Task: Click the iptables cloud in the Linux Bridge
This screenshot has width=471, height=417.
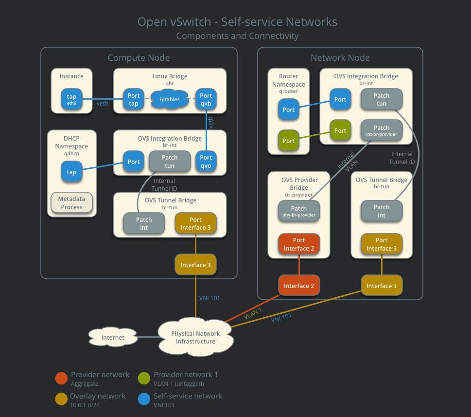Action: pyautogui.click(x=170, y=99)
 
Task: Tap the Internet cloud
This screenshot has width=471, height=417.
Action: pyautogui.click(x=113, y=337)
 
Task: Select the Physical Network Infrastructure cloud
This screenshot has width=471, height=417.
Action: pyautogui.click(x=195, y=337)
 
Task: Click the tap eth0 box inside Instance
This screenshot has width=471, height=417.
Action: pyautogui.click(x=71, y=99)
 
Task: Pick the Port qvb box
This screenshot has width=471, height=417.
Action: pyautogui.click(x=206, y=99)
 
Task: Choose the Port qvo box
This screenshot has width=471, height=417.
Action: pyautogui.click(x=206, y=161)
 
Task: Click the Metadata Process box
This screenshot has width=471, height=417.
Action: pyautogui.click(x=71, y=203)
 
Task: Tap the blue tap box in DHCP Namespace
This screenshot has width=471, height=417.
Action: pyautogui.click(x=71, y=172)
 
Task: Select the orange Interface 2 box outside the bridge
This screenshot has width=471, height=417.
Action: pyautogui.click(x=299, y=286)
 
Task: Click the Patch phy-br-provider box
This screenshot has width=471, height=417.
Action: pyautogui.click(x=299, y=211)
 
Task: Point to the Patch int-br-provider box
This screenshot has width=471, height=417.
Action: pyautogui.click(x=382, y=130)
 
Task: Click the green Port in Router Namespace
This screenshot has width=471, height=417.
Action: pyautogui.click(x=289, y=141)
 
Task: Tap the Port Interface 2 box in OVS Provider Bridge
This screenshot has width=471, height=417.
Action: pyautogui.click(x=299, y=244)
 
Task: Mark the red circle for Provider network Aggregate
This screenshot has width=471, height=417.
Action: pyautogui.click(x=62, y=378)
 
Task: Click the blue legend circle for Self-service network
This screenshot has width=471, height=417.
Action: pyautogui.click(x=144, y=399)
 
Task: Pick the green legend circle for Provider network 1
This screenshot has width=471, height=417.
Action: pyautogui.click(x=144, y=378)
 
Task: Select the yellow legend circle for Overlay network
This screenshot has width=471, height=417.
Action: pyautogui.click(x=62, y=399)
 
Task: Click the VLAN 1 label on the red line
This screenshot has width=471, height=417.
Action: pyautogui.click(x=253, y=313)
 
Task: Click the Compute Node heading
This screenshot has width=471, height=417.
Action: pyautogui.click(x=139, y=58)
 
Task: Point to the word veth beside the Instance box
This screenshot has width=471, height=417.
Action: pyautogui.click(x=103, y=104)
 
